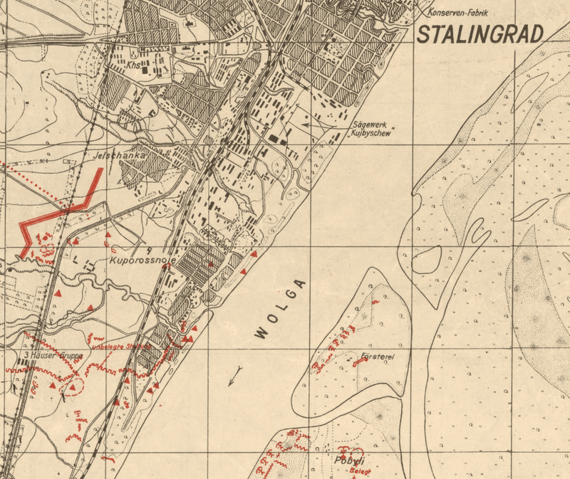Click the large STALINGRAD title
[480, 33]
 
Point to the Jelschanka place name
[119, 154]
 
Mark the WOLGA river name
[281, 308]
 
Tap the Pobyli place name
[349, 460]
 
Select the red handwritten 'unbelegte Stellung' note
[121, 347]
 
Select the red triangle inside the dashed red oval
[72, 386]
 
